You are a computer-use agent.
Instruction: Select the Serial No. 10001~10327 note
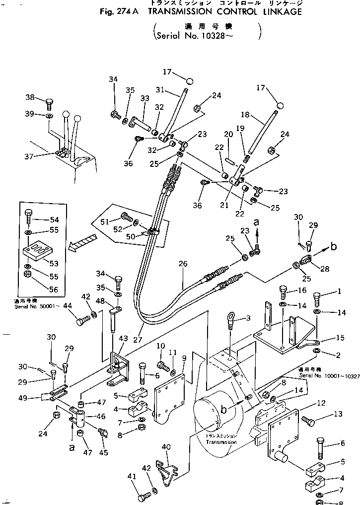point(328,376)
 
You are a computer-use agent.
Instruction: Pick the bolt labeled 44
point(82,321)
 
